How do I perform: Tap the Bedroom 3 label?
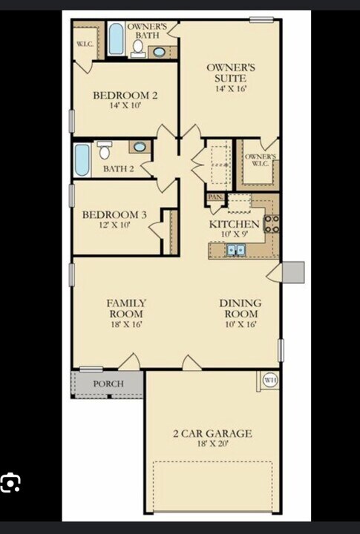click(x=114, y=215)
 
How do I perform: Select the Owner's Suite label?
click(x=231, y=73)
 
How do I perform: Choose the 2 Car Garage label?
click(x=212, y=433)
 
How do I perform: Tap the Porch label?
click(x=108, y=384)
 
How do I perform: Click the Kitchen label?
click(x=234, y=224)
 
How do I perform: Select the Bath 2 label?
click(x=118, y=169)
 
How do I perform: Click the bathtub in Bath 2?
click(x=82, y=159)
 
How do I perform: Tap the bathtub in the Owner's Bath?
click(x=117, y=39)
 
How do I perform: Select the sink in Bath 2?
click(x=140, y=147)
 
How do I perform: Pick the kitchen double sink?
click(x=236, y=251)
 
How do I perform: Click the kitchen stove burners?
click(x=272, y=224)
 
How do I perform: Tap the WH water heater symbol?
click(x=270, y=380)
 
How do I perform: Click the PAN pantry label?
click(x=215, y=197)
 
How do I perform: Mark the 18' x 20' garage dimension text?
click(x=212, y=444)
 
